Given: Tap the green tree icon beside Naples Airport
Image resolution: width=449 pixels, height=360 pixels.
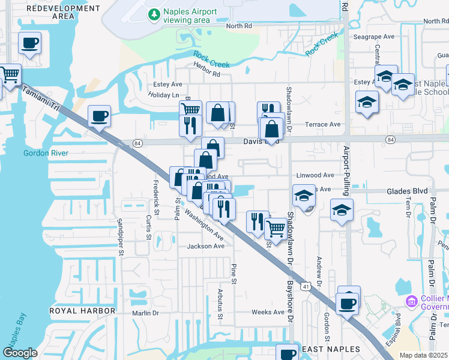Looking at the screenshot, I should (154, 13).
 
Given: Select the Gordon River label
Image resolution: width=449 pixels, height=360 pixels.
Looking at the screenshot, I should (46, 153).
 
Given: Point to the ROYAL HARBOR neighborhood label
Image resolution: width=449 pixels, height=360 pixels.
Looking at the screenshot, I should (82, 311).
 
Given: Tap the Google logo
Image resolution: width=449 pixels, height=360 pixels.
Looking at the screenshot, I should (20, 352).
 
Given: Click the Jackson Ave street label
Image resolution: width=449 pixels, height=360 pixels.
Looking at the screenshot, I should (205, 246).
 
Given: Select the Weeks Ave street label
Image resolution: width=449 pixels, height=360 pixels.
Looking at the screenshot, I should (268, 312).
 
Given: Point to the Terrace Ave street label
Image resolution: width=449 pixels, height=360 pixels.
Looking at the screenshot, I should (322, 125).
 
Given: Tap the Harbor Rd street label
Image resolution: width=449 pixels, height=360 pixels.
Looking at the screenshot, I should (207, 74).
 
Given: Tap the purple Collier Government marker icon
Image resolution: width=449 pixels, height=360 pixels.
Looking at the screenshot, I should (412, 301).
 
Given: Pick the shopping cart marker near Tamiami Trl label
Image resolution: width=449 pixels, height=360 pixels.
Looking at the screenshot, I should (10, 75).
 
